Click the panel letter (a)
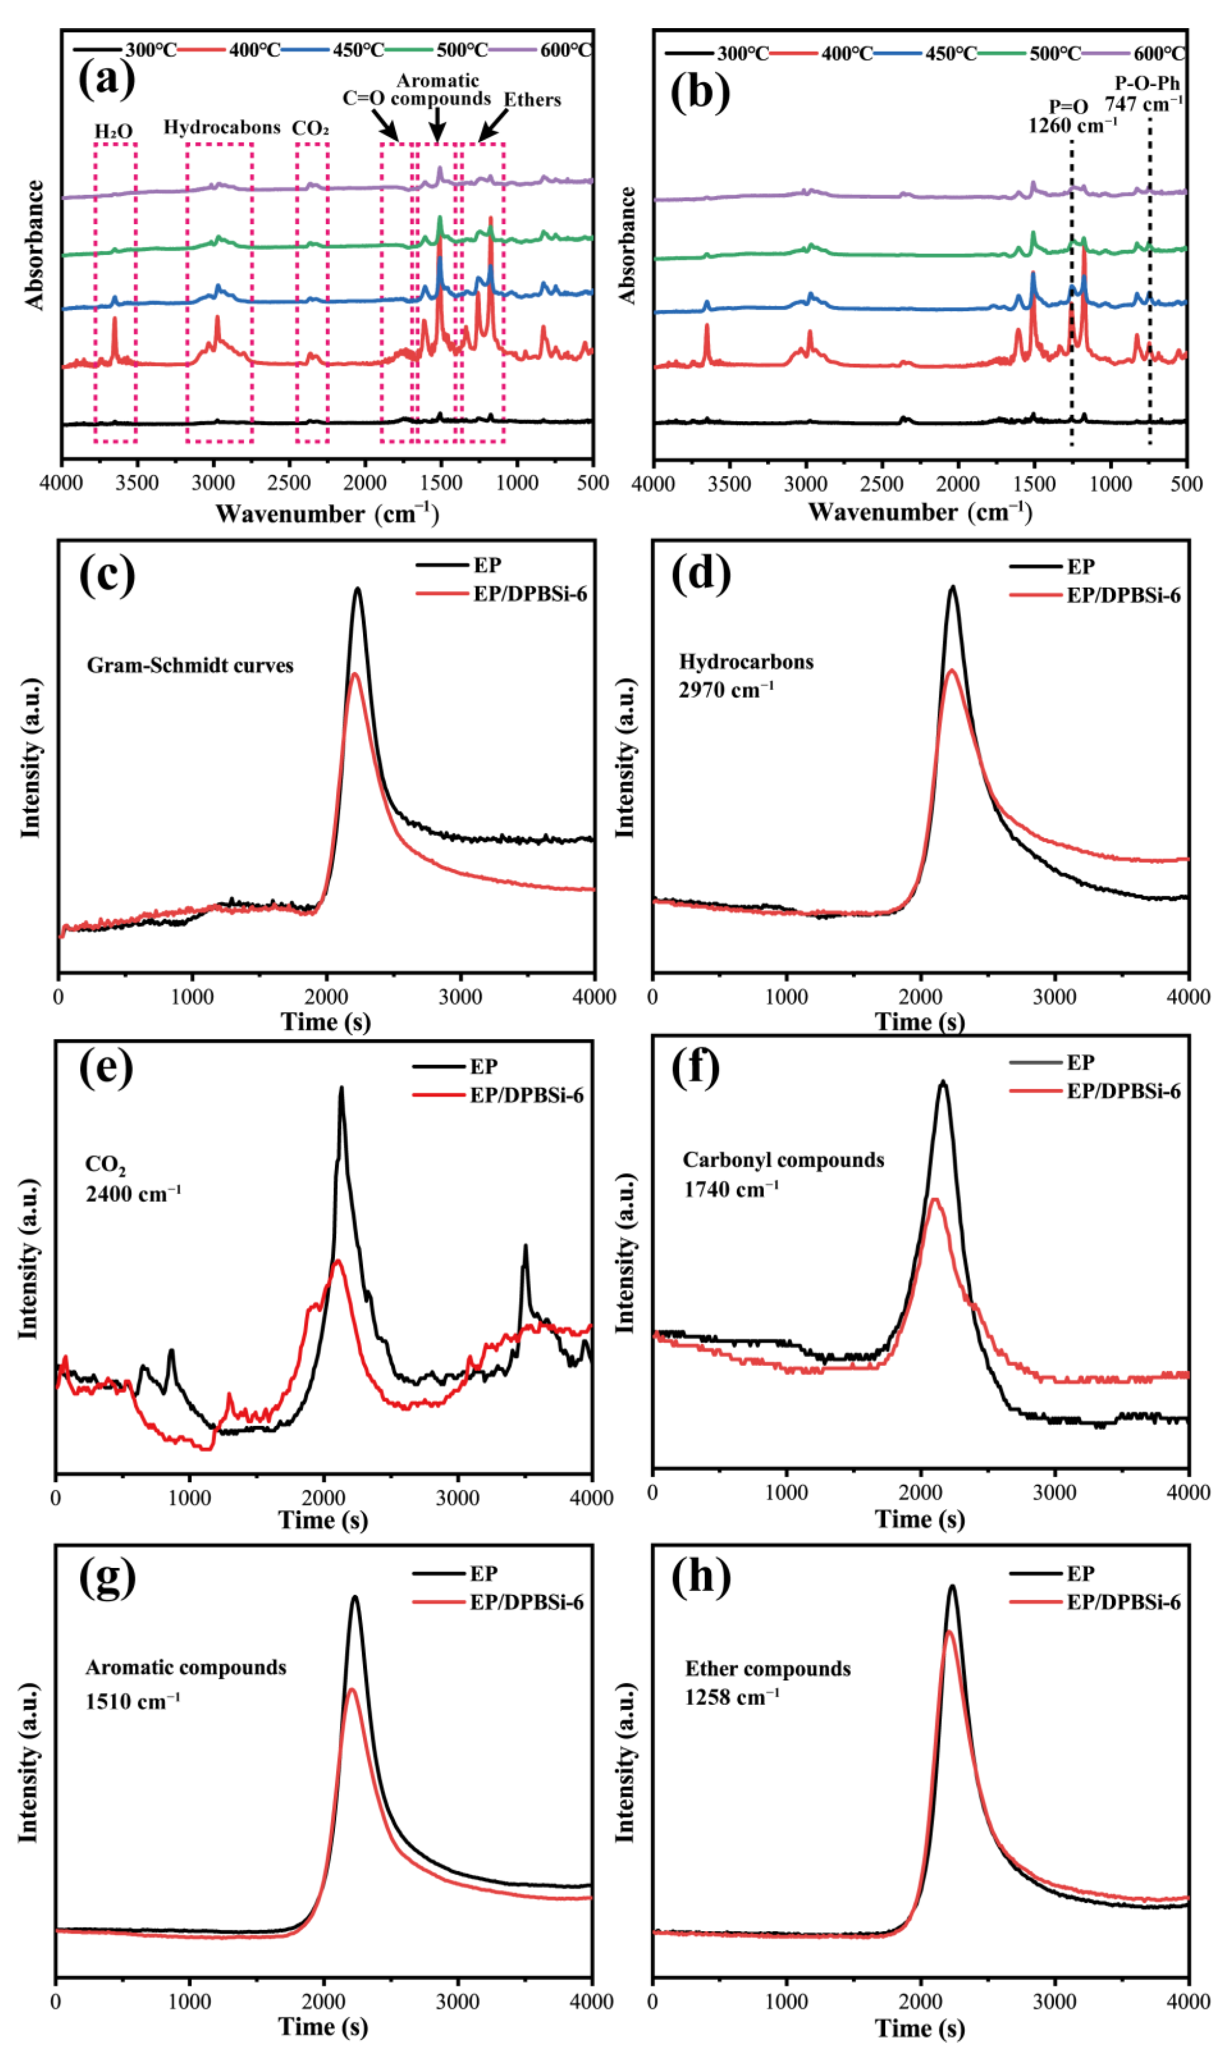[x=106, y=81]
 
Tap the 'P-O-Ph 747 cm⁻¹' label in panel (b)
[x=1144, y=94]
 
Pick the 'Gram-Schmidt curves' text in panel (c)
[x=190, y=666]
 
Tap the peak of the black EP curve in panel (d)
[x=952, y=588]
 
